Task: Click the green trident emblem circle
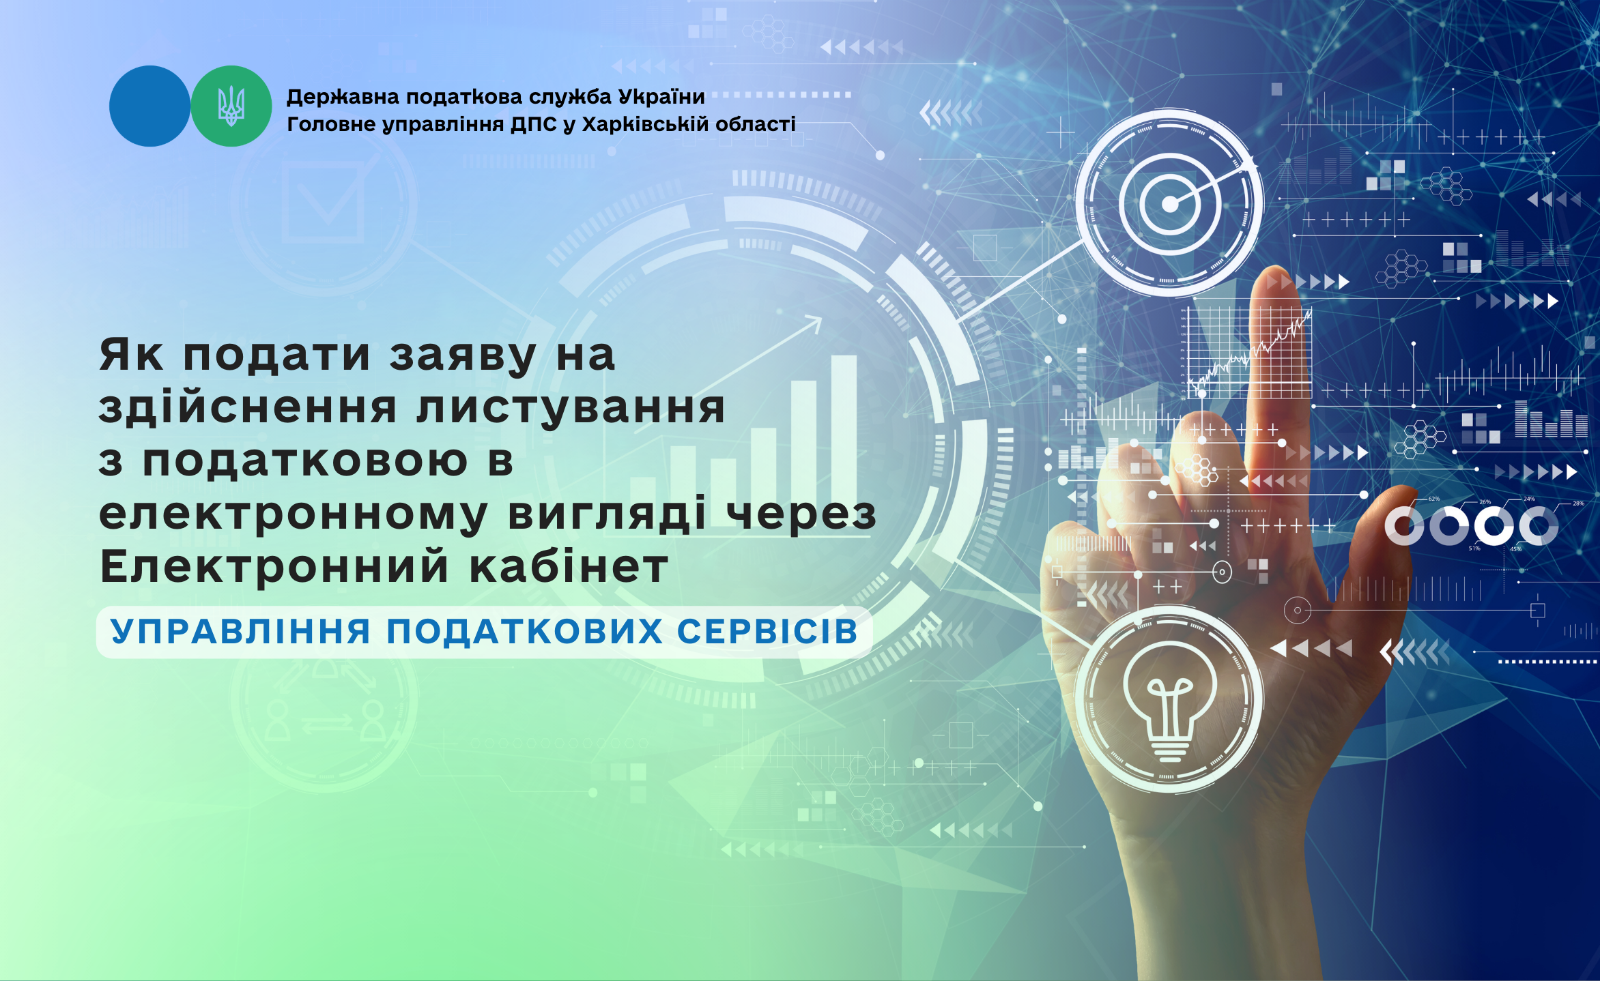(231, 106)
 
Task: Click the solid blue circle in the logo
(150, 106)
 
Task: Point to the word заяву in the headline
(463, 355)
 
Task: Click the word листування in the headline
(571, 408)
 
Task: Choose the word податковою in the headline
(305, 460)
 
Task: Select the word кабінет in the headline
(569, 566)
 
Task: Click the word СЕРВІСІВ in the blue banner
(767, 631)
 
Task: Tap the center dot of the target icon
(1170, 203)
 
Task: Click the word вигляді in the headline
(607, 515)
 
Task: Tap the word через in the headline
(801, 515)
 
